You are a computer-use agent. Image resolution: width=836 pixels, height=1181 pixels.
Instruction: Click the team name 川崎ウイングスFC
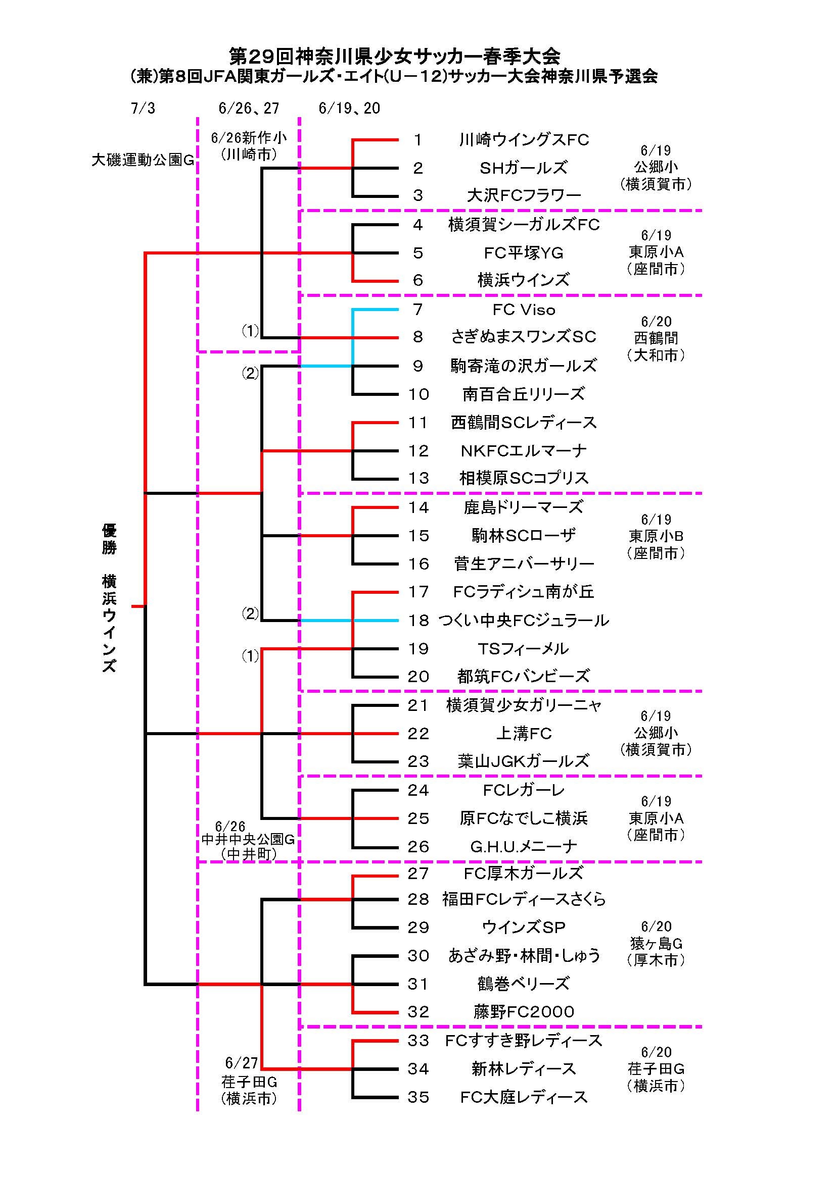[524, 140]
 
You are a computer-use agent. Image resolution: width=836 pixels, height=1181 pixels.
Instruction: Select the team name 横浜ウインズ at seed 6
[524, 280]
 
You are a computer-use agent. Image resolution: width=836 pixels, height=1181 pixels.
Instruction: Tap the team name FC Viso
[524, 310]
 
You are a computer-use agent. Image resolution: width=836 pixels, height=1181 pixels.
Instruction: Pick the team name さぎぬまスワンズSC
[524, 337]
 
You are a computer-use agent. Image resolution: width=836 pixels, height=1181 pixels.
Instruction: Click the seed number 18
[419, 621]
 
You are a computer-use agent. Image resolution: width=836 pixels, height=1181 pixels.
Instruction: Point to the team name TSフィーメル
[524, 649]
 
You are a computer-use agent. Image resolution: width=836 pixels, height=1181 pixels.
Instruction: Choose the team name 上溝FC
[524, 734]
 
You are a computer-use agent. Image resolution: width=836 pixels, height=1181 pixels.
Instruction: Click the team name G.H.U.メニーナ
[524, 847]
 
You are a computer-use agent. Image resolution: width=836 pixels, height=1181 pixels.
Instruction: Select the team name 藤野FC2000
[524, 1012]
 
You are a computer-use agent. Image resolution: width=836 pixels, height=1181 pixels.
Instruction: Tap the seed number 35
[419, 1097]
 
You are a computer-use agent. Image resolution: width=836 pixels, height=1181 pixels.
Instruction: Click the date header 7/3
[143, 109]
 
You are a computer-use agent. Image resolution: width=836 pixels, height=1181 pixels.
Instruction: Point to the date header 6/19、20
[349, 109]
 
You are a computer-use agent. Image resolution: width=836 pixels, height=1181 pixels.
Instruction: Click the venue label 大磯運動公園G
[143, 160]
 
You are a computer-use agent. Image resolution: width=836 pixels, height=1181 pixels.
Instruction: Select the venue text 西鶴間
[656, 338]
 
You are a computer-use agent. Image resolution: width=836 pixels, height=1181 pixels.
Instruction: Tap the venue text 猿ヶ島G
[656, 943]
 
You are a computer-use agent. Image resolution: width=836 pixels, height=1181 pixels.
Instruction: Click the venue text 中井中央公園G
[248, 840]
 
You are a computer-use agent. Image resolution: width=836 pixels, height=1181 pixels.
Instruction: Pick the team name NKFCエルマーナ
[524, 451]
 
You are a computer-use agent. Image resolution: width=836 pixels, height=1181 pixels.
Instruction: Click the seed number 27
[419, 873]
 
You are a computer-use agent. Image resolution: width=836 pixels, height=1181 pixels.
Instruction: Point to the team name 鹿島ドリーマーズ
[524, 507]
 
